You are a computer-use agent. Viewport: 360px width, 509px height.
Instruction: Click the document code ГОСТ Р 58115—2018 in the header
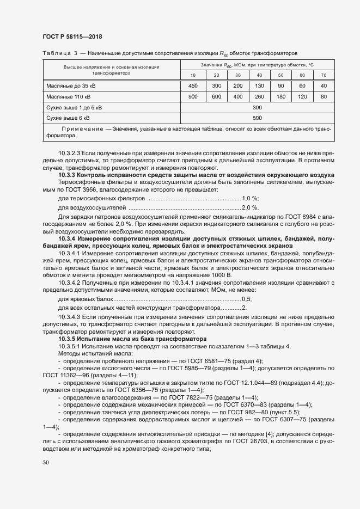[72, 36]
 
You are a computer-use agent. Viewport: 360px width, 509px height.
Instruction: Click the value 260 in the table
[259, 96]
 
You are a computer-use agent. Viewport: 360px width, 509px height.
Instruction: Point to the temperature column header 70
[324, 75]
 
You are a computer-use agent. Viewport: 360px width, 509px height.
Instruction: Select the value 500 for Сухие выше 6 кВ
[258, 118]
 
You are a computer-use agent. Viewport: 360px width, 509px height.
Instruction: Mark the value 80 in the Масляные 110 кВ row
[324, 96]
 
